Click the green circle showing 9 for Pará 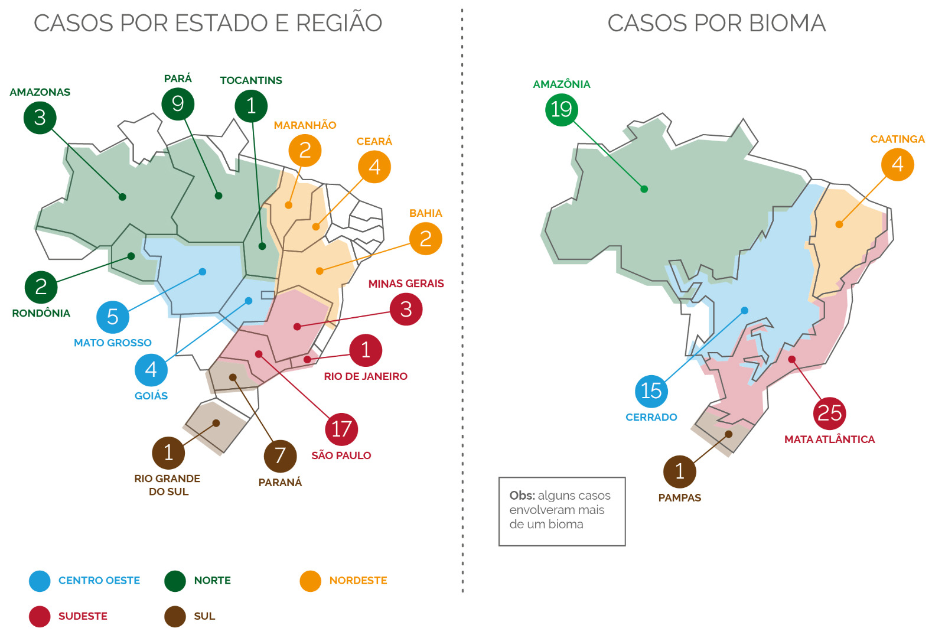tap(178, 104)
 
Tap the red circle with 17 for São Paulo tap(341, 429)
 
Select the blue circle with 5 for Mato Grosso tap(113, 317)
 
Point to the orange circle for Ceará tap(374, 167)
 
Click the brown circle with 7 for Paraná tap(280, 456)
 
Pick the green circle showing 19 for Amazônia tap(561, 109)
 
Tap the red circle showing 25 tap(829, 414)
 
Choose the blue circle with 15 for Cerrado tap(651, 390)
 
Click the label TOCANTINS tap(251, 80)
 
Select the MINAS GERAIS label tap(406, 284)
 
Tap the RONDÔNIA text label tap(41, 313)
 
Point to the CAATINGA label tap(897, 139)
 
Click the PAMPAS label tap(680, 498)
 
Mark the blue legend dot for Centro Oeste tap(40, 581)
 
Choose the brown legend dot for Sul tap(175, 617)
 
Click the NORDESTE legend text tap(358, 581)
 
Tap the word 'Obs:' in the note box tap(522, 496)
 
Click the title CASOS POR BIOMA tap(716, 24)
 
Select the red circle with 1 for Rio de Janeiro tap(366, 350)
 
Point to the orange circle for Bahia tap(425, 239)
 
